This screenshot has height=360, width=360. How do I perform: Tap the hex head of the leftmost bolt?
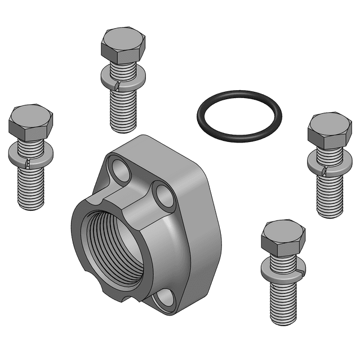(x=31, y=122)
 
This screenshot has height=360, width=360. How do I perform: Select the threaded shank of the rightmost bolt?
(x=330, y=194)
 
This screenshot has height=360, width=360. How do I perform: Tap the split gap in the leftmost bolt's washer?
(x=26, y=163)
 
